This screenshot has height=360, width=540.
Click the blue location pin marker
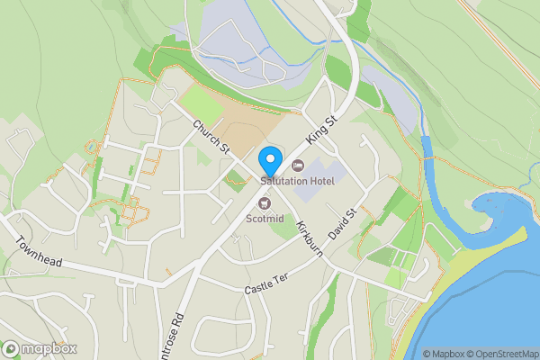point(269,161)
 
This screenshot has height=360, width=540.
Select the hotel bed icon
point(298,164)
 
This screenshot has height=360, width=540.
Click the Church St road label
point(211,136)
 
